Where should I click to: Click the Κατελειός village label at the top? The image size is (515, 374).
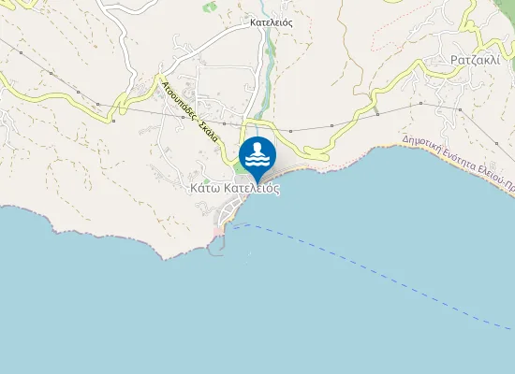[271, 22]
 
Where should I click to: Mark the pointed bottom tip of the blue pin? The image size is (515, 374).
[257, 183]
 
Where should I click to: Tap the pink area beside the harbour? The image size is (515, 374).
[219, 230]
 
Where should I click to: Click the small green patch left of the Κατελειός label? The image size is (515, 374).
[211, 7]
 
